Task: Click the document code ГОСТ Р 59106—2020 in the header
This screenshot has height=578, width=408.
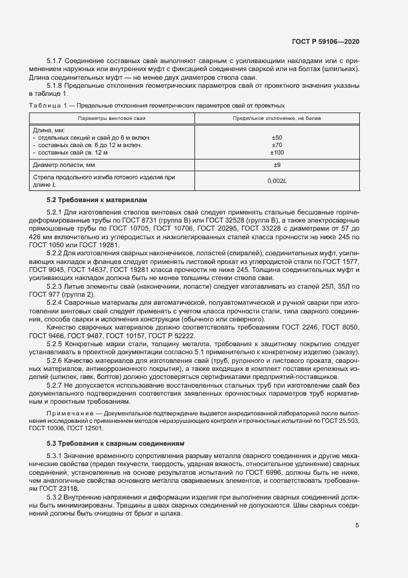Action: tap(325, 41)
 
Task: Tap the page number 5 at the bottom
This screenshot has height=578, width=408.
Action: tap(357, 525)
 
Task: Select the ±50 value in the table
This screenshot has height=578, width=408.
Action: tap(277, 137)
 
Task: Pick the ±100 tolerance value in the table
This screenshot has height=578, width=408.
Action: tap(277, 152)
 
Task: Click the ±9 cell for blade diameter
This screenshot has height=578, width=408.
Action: tap(277, 165)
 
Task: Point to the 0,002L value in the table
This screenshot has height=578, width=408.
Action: tap(277, 181)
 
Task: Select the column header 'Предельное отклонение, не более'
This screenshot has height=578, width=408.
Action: tap(277, 117)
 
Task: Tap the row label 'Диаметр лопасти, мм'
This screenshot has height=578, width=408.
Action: tap(63, 165)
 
